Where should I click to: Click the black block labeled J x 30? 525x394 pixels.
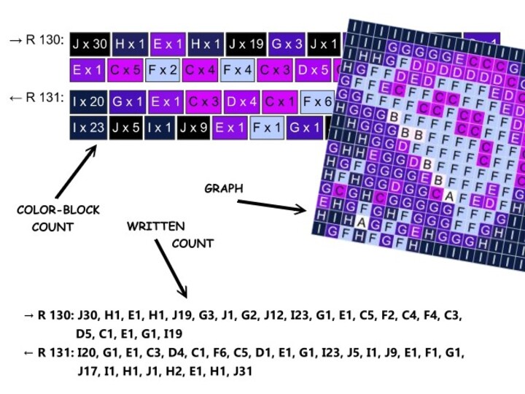(x=90, y=44)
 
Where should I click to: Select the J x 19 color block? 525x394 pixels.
(x=246, y=44)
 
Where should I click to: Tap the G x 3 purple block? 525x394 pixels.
(x=287, y=44)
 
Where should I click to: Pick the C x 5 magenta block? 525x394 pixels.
(x=125, y=71)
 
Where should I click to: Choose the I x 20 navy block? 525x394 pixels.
(x=89, y=101)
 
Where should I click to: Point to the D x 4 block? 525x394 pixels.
(x=241, y=101)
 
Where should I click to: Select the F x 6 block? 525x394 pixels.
(x=317, y=101)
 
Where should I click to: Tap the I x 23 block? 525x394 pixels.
(x=89, y=128)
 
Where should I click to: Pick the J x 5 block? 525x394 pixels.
(x=125, y=128)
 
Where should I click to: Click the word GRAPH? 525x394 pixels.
(x=223, y=188)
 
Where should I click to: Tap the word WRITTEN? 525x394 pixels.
(x=155, y=226)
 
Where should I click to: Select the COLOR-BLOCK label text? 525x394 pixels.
(x=58, y=210)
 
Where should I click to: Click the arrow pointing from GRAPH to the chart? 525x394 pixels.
(x=277, y=206)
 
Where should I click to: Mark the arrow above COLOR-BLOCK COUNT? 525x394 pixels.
(x=77, y=171)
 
